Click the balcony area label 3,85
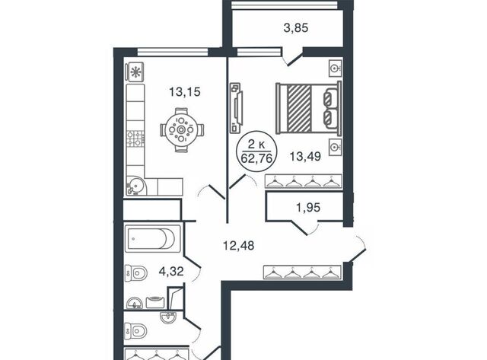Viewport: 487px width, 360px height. [296, 28]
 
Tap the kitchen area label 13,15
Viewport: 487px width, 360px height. [184, 92]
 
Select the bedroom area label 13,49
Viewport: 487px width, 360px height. [305, 156]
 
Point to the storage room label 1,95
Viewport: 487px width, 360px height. [307, 207]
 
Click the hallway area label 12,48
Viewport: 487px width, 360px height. [238, 246]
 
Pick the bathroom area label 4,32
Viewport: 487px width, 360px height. [171, 272]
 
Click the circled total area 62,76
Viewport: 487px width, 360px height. [256, 159]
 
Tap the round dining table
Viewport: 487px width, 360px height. [181, 129]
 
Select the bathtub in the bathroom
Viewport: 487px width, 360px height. [152, 238]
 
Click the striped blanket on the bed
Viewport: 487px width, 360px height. [299, 107]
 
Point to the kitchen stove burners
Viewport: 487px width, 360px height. [135, 139]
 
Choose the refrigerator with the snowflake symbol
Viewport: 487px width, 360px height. [135, 72]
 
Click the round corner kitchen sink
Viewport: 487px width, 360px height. [135, 186]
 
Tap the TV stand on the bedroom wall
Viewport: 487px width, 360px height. [237, 107]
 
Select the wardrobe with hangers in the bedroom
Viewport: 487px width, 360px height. [303, 181]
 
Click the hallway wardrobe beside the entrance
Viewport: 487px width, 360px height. [302, 272]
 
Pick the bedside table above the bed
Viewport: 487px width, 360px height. [336, 68]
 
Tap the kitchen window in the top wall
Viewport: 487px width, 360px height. [173, 52]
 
